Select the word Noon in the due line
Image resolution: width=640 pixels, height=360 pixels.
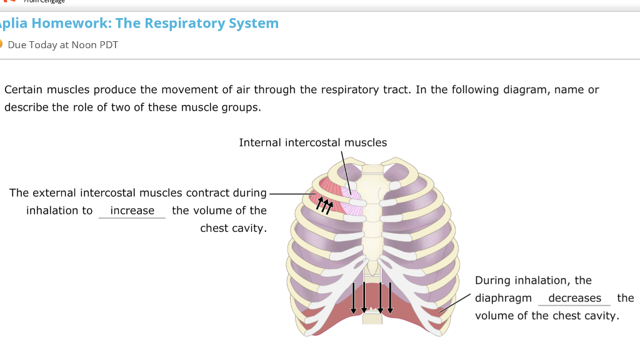click(x=84, y=45)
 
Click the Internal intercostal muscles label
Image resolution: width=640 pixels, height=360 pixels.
click(x=313, y=142)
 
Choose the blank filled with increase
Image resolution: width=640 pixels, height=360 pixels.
click(x=132, y=211)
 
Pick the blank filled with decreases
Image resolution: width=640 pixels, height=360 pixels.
click(x=574, y=298)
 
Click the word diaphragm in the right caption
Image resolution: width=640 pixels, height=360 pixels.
click(x=503, y=298)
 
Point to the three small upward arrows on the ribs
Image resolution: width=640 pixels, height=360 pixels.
click(x=324, y=204)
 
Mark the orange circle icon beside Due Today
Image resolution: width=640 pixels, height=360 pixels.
click(x=1, y=44)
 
